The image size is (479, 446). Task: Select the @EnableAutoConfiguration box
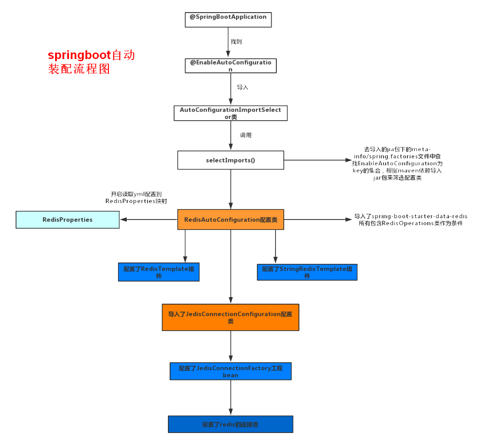pos(230,66)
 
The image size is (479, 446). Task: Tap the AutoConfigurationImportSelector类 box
pos(230,113)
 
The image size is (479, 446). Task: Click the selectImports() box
pos(230,160)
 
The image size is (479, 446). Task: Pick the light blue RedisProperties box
pos(68,220)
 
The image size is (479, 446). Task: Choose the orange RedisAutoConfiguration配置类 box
pos(230,220)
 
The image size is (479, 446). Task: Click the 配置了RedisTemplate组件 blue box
pos(158,272)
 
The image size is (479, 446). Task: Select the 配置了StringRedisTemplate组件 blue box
pos(307,272)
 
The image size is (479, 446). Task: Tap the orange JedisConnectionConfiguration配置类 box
pos(230,317)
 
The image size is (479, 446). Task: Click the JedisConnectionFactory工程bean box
pos(230,371)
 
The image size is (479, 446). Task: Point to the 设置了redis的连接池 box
pos(230,424)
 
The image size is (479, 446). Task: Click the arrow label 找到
pos(236,42)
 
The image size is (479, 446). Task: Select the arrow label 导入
pos(243,87)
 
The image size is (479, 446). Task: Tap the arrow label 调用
pos(246,135)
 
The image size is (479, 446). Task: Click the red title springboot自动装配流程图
pos(91,62)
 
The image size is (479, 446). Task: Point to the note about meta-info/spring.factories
pos(397,164)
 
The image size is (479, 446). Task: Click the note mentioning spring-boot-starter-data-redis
pos(410,220)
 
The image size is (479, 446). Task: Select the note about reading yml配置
pos(136,198)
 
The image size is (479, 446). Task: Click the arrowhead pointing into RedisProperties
pos(123,220)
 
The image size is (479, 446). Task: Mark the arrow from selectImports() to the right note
pos(315,160)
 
